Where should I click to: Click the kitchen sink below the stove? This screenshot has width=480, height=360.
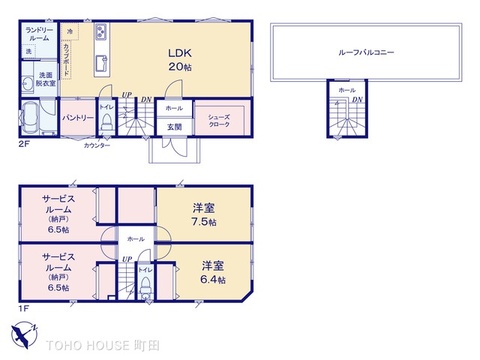point(100,64)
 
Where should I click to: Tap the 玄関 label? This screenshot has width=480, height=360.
point(174,127)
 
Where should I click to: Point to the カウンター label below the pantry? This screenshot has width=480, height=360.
point(96,145)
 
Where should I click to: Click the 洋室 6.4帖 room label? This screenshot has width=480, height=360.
point(212,273)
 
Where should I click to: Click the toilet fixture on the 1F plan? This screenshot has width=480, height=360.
point(146,285)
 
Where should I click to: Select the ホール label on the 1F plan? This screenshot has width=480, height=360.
point(134,239)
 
